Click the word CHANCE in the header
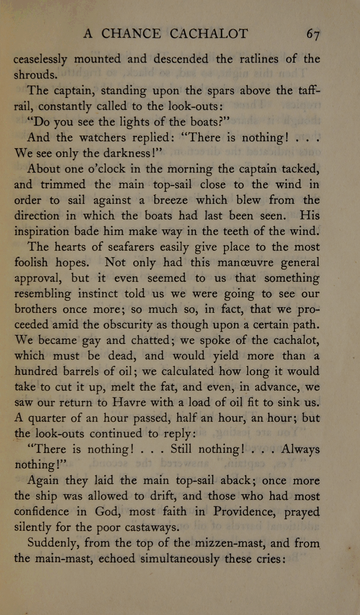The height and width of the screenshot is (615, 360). (x=131, y=34)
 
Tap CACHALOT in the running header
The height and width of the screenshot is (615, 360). (x=209, y=34)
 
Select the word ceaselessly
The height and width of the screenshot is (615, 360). (x=40, y=60)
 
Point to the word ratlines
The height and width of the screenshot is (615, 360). (x=259, y=59)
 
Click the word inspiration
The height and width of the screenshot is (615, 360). (x=41, y=232)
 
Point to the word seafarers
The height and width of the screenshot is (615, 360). (x=131, y=247)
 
